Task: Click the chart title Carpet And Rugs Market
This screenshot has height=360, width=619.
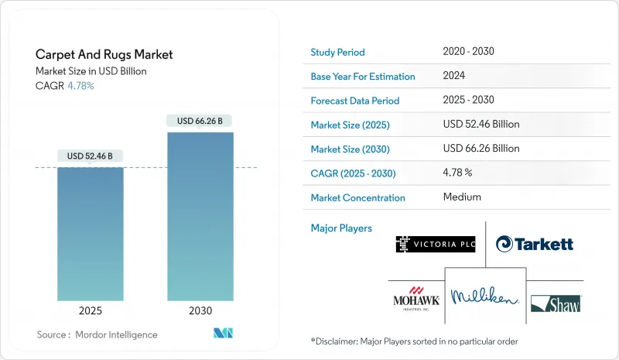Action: (104, 55)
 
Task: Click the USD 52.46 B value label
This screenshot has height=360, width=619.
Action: (90, 156)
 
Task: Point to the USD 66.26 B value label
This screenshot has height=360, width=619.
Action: (200, 121)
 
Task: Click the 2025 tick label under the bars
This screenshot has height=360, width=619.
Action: (90, 310)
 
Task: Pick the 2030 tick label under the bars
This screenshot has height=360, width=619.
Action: (200, 310)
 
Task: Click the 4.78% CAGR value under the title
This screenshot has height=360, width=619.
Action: (80, 86)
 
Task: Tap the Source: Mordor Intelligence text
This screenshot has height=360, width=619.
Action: (97, 334)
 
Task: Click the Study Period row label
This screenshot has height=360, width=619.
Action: (337, 52)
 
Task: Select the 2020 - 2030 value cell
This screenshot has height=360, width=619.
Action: (468, 52)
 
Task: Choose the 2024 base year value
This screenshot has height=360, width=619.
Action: (455, 76)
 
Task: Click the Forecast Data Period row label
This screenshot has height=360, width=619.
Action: (354, 101)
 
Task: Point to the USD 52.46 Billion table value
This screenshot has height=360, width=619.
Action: (481, 124)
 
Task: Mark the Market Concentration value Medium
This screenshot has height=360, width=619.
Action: (462, 197)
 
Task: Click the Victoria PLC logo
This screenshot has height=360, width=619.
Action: (435, 244)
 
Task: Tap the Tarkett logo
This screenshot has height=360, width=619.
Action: (535, 244)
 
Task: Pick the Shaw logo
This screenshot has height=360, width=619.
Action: (556, 303)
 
